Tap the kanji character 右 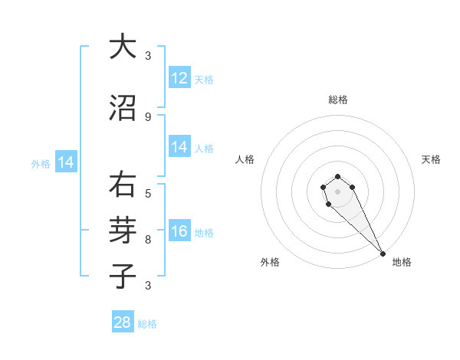123,186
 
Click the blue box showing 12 179,78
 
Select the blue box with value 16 179,232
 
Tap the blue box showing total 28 123,322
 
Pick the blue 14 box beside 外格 66,162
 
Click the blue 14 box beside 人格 179,147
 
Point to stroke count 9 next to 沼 148,116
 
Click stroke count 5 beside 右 148,193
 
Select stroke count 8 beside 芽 148,239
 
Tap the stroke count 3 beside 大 148,56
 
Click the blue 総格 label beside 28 147,324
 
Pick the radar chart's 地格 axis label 402,262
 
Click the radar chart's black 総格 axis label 338,100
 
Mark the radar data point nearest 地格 383,254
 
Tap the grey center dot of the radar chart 337,191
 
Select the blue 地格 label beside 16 204,233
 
